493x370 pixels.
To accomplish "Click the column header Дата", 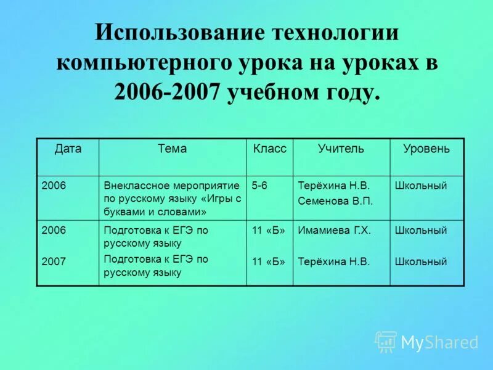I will tap(68, 149).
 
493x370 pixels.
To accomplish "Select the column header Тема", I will tap(172, 149).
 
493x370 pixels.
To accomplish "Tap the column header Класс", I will tap(269, 149).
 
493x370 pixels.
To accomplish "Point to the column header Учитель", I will tap(341, 149).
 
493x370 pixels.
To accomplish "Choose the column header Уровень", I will tap(426, 149).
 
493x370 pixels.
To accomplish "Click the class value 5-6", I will tap(259, 185).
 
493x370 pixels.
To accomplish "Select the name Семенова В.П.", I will tap(335, 201).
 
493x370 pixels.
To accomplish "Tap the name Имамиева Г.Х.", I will tap(334, 231).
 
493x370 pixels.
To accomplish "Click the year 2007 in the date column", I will tap(53, 261).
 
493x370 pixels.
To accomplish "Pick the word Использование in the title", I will tap(175, 33).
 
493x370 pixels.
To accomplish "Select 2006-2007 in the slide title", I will tap(167, 92).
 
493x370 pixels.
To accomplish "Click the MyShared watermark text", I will tap(439, 342).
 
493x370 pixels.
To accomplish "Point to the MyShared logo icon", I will tap(386, 341).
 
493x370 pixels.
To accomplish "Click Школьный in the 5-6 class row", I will tap(420, 185).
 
